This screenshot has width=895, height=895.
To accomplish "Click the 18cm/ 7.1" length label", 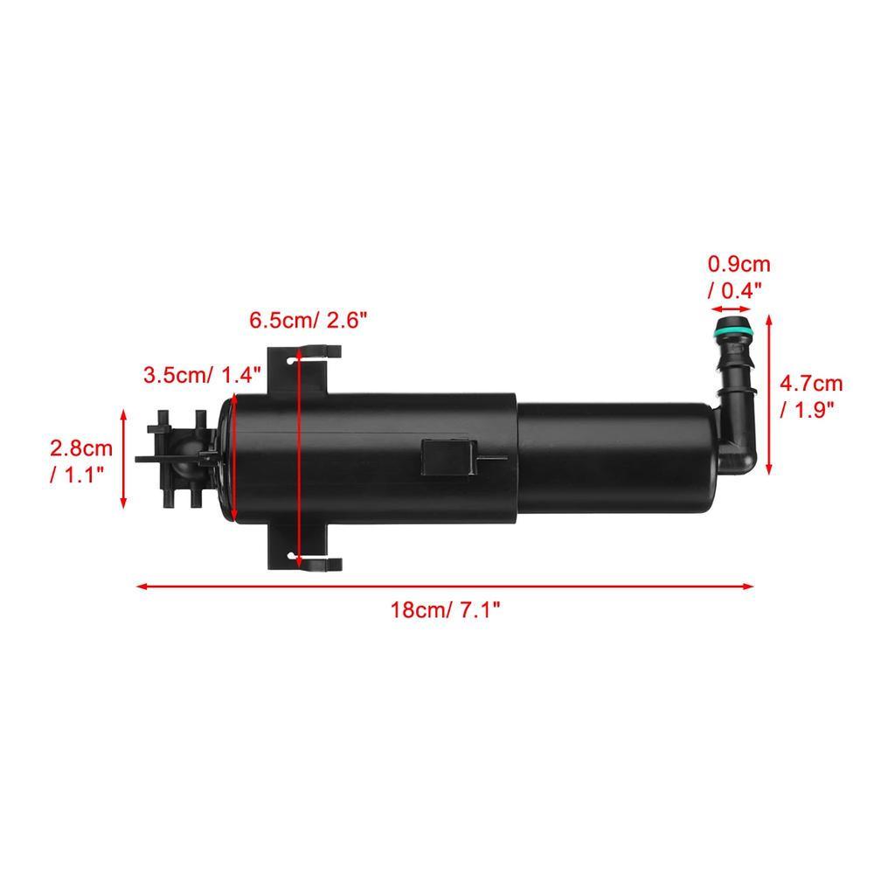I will click(x=446, y=609).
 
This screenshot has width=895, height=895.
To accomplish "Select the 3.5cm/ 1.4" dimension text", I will click(x=202, y=376).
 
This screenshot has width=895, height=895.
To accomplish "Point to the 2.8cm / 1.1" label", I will click(x=81, y=461).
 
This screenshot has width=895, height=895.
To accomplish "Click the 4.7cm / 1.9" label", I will click(x=812, y=396).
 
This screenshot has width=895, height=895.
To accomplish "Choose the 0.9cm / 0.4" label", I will click(x=739, y=276).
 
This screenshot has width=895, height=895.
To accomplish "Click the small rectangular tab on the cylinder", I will click(x=447, y=456).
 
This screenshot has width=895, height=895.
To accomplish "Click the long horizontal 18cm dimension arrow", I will click(x=446, y=586).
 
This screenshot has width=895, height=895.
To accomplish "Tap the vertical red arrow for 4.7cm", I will click(x=770, y=396).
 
